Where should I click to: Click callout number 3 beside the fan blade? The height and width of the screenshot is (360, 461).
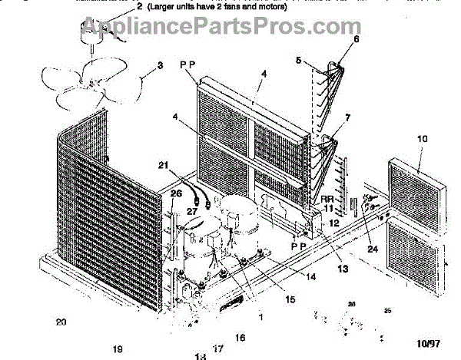pyautogui.click(x=160, y=66)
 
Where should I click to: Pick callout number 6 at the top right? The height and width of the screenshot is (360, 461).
pyautogui.click(x=356, y=38)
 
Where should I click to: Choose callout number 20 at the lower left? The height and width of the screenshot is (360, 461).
pyautogui.click(x=61, y=322)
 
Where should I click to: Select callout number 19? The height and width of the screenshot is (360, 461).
pyautogui.click(x=118, y=349)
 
